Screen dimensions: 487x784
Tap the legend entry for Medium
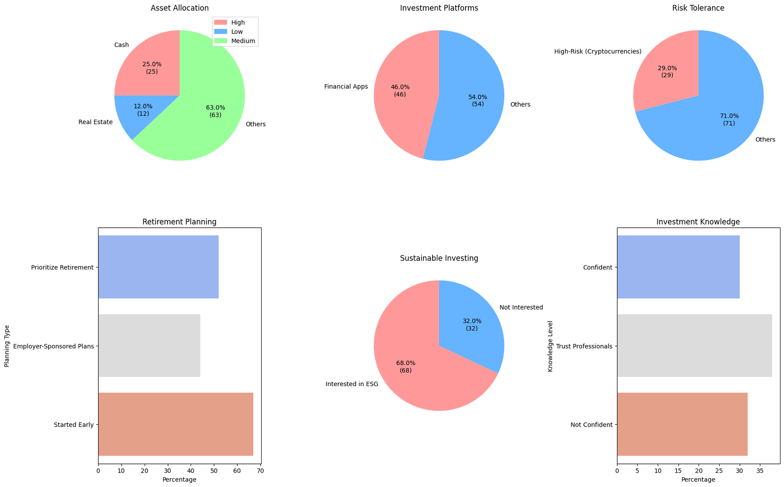point(244,41)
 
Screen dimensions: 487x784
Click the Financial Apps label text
point(346,87)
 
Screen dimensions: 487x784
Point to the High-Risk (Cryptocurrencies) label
point(598,51)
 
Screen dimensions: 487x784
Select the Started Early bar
point(175,424)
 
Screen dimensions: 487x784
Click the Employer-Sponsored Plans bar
point(149,346)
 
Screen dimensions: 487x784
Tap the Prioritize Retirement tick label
point(62,268)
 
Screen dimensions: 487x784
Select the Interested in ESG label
point(352,384)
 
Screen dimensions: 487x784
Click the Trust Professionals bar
point(694,346)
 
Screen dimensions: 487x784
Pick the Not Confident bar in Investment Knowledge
point(682,424)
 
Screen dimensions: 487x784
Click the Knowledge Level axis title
point(550,346)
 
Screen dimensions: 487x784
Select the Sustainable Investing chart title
point(439,258)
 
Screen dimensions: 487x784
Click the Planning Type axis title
point(7,346)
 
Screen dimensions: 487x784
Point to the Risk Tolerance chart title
point(698,8)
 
